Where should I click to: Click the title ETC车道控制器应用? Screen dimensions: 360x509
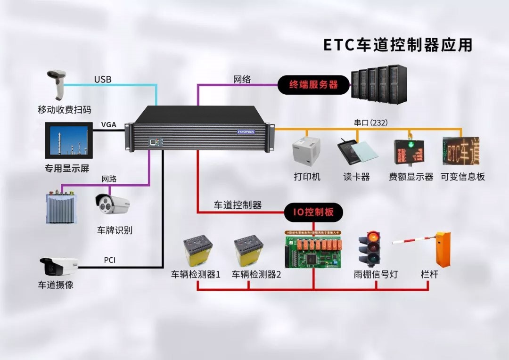(397, 45)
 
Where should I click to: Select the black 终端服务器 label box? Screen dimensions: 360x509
(313, 85)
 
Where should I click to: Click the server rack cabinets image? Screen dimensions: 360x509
(379, 85)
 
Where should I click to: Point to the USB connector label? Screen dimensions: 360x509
(103, 79)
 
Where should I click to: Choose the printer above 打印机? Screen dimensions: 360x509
(306, 152)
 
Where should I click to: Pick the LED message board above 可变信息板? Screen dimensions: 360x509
(460, 151)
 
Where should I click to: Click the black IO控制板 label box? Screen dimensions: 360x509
(313, 213)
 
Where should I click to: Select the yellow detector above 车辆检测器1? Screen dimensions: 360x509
(197, 252)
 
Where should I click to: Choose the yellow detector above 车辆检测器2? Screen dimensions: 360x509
(248, 252)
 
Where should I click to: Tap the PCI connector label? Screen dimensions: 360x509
(109, 260)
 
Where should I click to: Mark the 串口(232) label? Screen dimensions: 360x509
(369, 123)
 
